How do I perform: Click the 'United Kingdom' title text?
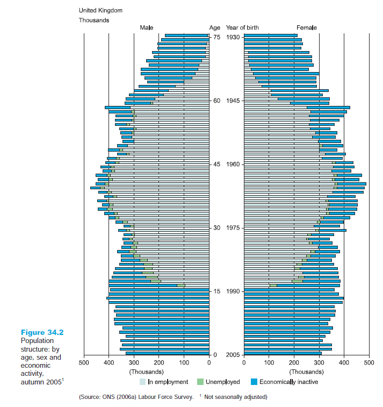pyautogui.click(x=100, y=10)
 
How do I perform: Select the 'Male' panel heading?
pyautogui.click(x=147, y=27)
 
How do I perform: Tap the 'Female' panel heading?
pyautogui.click(x=307, y=27)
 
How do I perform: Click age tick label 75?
pyautogui.click(x=216, y=37)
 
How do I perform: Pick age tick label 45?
pyautogui.click(x=216, y=165)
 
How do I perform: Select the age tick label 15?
pyautogui.click(x=216, y=291)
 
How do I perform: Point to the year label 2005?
pyautogui.click(x=233, y=355)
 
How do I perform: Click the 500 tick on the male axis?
pyautogui.click(x=84, y=363)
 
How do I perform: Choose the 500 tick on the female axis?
pyautogui.click(x=369, y=363)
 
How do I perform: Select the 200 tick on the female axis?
pyautogui.click(x=294, y=363)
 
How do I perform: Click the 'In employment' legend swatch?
pyautogui.click(x=142, y=382)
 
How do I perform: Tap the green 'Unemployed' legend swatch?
pyautogui.click(x=200, y=382)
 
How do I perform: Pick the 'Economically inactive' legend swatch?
pyautogui.click(x=254, y=382)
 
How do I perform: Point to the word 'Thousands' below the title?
pyautogui.click(x=94, y=20)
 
